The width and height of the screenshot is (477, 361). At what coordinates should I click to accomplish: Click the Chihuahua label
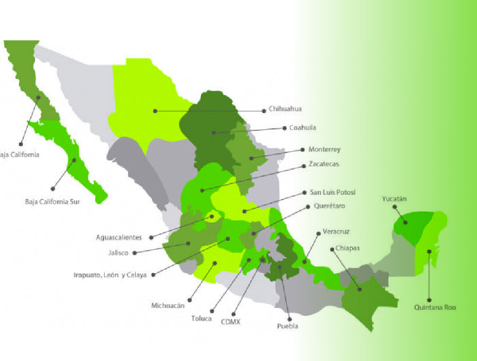coord(285,109)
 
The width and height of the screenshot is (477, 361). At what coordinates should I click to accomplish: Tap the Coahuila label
coord(303,127)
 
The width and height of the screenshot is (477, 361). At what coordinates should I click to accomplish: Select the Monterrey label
coord(324,149)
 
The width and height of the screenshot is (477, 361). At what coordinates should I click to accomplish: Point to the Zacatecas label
coord(324,164)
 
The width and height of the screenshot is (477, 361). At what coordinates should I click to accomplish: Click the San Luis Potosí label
coord(333,192)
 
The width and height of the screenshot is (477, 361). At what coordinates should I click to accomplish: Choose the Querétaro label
coord(330,206)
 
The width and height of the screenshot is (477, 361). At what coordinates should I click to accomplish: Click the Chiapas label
coord(348,249)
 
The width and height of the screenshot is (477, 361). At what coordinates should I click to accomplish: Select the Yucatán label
coord(394,199)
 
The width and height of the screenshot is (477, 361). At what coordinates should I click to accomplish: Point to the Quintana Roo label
coord(435,307)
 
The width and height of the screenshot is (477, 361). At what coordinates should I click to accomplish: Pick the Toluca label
coord(202,318)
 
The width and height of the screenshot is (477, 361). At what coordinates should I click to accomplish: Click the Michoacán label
coord(168,306)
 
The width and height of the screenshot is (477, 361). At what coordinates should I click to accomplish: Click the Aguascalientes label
coord(119,238)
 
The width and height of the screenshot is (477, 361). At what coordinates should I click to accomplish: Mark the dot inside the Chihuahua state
coord(155,110)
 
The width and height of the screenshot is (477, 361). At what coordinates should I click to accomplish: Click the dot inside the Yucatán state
coord(405,222)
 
